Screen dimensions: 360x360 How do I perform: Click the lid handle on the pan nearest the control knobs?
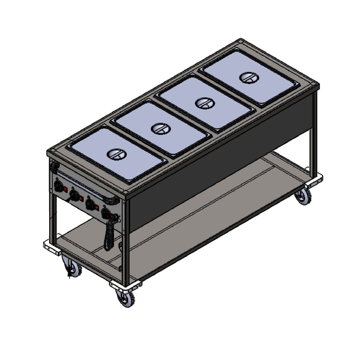click(x=117, y=154)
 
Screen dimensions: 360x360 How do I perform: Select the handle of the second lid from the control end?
click(x=161, y=129)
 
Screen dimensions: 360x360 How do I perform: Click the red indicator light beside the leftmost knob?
click(x=65, y=188)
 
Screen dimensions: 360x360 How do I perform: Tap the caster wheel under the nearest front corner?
click(x=125, y=298)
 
